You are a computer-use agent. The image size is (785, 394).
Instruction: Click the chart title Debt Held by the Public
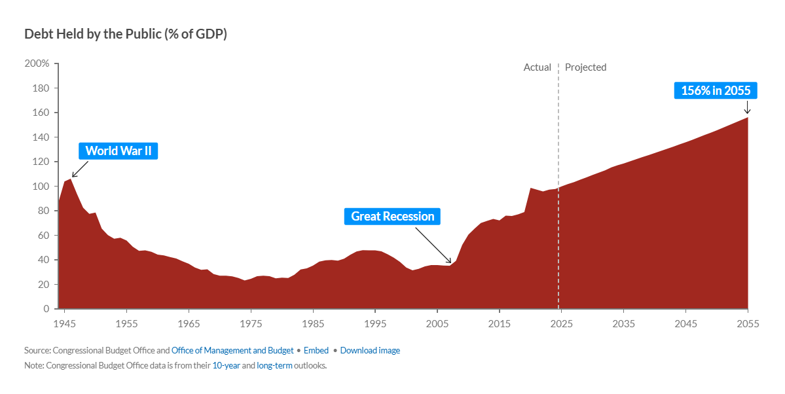(126, 34)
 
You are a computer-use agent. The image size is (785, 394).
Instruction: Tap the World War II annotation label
(119, 151)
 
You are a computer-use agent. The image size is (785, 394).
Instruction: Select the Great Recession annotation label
(392, 216)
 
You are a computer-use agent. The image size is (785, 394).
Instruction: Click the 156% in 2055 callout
(716, 90)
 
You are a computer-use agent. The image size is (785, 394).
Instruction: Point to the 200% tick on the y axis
(37, 63)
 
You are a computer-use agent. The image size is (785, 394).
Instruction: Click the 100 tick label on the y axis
(41, 187)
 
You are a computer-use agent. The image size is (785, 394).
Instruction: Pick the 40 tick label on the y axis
(43, 260)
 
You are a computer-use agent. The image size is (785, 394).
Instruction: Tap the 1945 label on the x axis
(64, 323)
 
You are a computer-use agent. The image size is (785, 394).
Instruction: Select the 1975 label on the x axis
(250, 323)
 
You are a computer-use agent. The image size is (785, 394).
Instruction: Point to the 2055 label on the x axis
(748, 323)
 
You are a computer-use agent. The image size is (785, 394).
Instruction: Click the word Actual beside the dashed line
(538, 67)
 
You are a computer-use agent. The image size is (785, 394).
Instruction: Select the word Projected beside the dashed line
(585, 67)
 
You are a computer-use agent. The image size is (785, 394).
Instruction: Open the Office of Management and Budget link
(232, 350)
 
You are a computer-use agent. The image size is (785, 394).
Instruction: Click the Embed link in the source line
(316, 350)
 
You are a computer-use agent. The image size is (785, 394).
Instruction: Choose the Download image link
(370, 350)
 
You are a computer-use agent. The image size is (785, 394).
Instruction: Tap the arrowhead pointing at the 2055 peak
(748, 113)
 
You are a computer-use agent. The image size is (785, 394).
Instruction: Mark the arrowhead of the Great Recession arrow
(450, 262)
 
